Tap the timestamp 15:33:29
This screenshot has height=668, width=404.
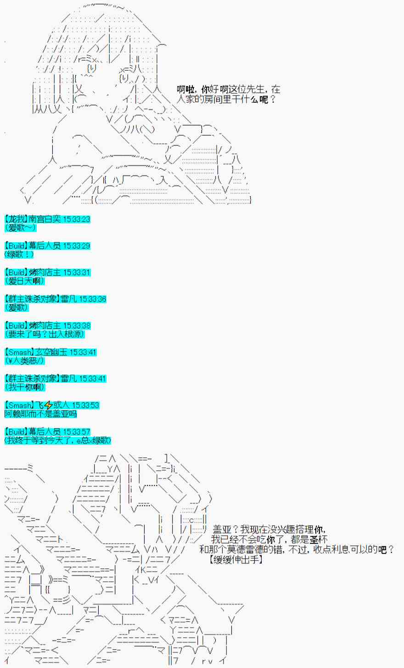(76, 246)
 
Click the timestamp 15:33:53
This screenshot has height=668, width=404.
(85, 406)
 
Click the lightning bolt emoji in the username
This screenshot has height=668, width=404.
(48, 406)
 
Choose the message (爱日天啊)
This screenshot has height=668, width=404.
(25, 281)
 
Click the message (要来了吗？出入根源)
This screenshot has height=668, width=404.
(45, 334)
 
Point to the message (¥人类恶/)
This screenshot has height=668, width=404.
(25, 361)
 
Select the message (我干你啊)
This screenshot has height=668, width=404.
(25, 388)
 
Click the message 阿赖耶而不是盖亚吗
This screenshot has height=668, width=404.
(41, 414)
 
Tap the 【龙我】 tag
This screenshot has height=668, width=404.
(16, 219)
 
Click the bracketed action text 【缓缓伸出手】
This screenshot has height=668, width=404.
(235, 559)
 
